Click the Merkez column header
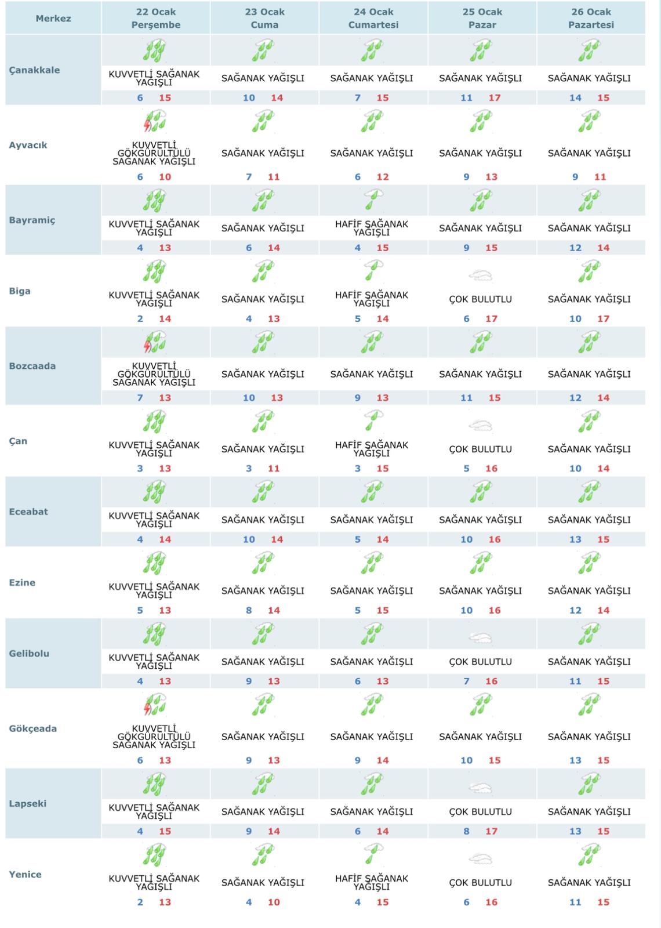(x=53, y=19)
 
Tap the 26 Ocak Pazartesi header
(x=591, y=19)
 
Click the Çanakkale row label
(x=34, y=70)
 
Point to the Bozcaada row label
(x=32, y=366)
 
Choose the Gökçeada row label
(x=33, y=728)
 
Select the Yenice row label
(x=26, y=875)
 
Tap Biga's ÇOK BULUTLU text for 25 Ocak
(x=480, y=299)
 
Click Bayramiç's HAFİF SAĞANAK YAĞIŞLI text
(x=372, y=228)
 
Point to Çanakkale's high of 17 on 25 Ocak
(x=494, y=97)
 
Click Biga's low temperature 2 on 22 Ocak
(x=140, y=318)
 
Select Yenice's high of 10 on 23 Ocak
(x=274, y=902)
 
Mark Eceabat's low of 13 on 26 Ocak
(x=575, y=539)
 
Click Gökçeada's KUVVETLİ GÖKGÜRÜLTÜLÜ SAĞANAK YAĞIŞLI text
(x=154, y=737)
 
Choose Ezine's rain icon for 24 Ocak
(x=371, y=563)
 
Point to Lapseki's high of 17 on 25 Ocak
(x=492, y=831)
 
